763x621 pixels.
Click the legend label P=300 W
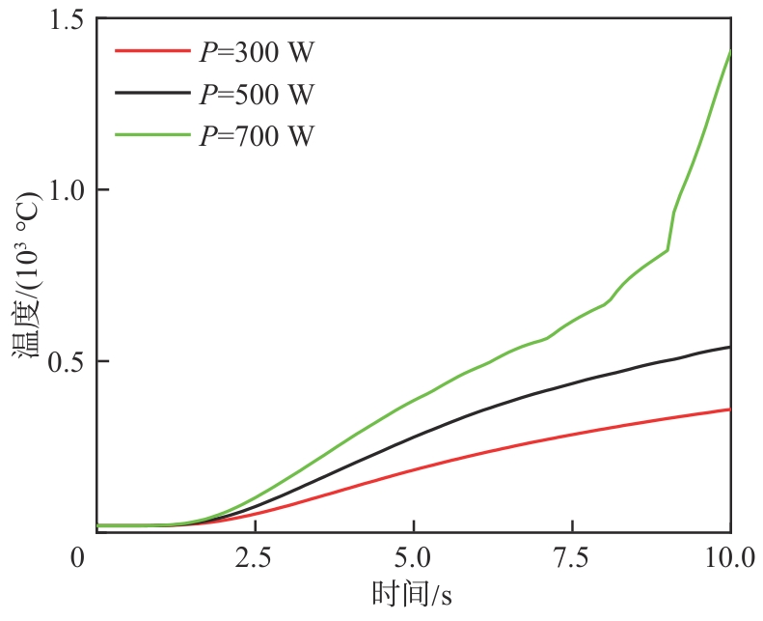[257, 52]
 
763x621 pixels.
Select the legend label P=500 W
[257, 94]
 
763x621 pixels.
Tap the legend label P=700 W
[257, 135]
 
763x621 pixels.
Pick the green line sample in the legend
[151, 135]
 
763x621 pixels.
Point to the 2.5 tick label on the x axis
[255, 559]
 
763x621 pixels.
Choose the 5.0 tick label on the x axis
[413, 559]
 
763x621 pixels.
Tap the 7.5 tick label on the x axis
[572, 559]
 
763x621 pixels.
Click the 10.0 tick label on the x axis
[728, 559]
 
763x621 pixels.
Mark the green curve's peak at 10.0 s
[730, 50]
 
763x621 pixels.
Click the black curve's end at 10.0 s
[730, 347]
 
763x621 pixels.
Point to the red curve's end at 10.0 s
[730, 409]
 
